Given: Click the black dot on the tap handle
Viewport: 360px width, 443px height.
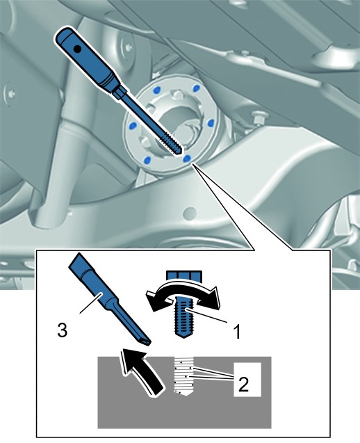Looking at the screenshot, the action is [x=77, y=49].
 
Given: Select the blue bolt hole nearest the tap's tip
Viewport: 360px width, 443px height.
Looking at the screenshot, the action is [x=187, y=159].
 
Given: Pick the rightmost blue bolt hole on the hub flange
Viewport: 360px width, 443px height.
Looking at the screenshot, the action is [x=211, y=123].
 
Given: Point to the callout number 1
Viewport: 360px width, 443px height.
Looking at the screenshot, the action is [x=237, y=332].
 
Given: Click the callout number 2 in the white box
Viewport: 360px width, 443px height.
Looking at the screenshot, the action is [x=243, y=384].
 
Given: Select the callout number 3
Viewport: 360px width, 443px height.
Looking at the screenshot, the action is [x=63, y=330].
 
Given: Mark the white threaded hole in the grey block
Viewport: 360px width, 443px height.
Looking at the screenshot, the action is [x=183, y=376].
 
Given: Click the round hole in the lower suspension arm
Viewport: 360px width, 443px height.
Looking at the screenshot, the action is [x=190, y=213].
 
